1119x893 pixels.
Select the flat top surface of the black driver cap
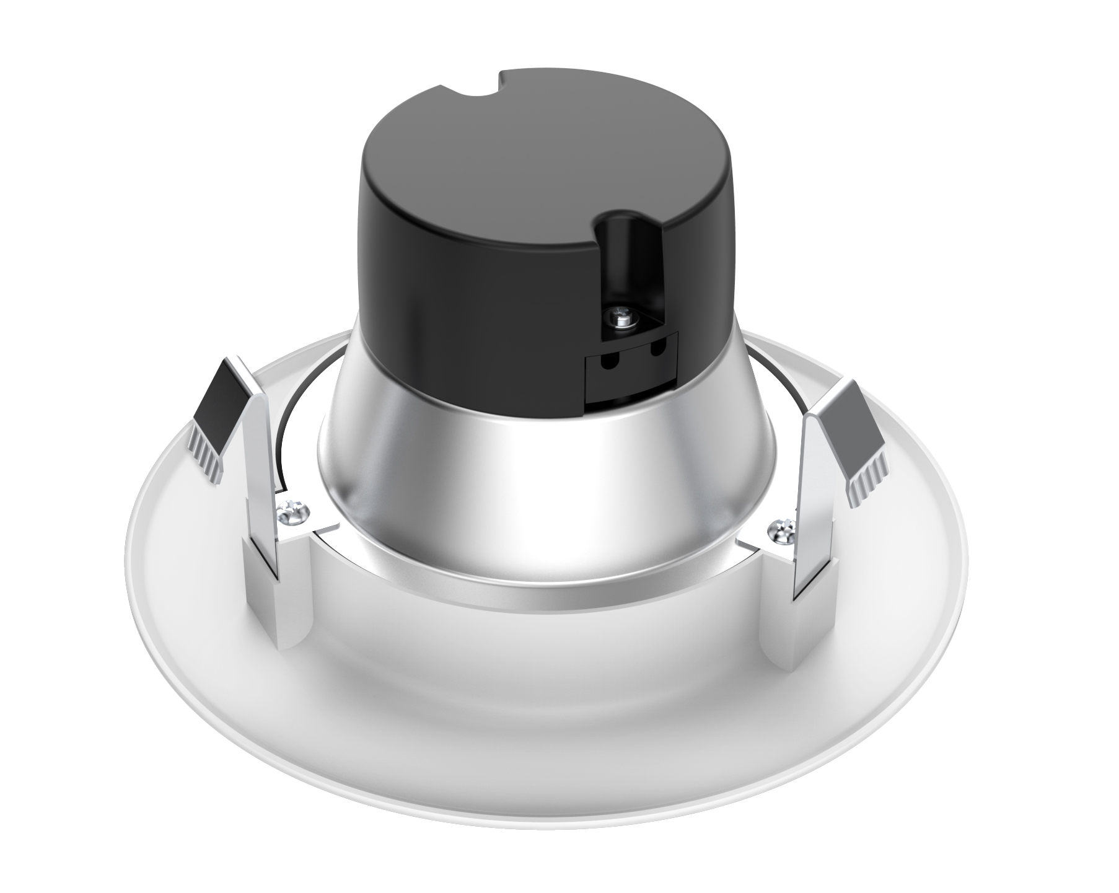pos(496,186)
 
